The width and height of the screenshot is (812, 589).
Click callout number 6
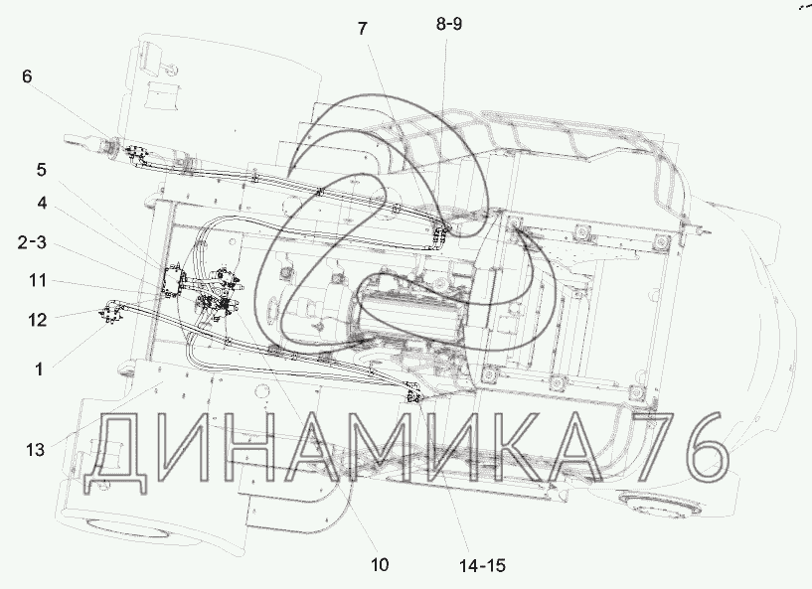tap(27, 76)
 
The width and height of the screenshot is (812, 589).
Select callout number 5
tap(42, 170)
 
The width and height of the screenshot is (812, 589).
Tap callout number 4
tap(42, 203)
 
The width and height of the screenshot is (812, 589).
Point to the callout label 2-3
tap(32, 241)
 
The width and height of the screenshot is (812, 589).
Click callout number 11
tap(38, 280)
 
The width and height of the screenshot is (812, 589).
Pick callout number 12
tap(38, 320)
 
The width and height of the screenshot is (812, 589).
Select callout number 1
tap(39, 369)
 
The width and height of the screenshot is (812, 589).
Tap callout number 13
tap(35, 450)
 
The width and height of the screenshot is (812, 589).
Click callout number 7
tap(362, 29)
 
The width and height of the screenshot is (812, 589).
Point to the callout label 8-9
tap(448, 24)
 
